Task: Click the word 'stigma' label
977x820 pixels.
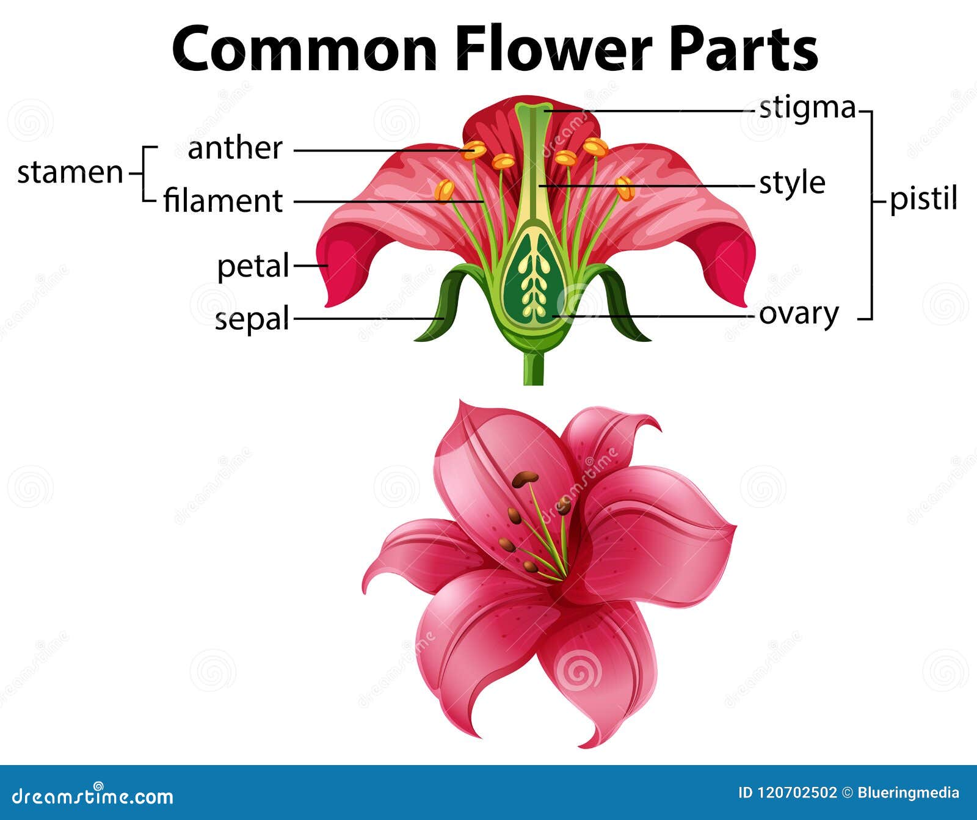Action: tap(807, 108)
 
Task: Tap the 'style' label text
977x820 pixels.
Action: tap(792, 183)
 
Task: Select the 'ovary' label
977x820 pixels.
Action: tap(799, 314)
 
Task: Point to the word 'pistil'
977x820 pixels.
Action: tap(923, 199)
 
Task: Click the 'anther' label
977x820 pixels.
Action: tap(235, 148)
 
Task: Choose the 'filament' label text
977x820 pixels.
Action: tap(223, 201)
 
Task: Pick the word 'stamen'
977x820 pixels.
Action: tap(70, 173)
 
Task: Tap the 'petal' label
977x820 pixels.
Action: tap(253, 266)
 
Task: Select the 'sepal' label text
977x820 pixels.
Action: tap(252, 319)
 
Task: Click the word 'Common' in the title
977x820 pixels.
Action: tap(305, 49)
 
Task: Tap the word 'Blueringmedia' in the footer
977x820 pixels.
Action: tap(908, 793)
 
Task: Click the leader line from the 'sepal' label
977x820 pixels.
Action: tap(366, 318)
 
